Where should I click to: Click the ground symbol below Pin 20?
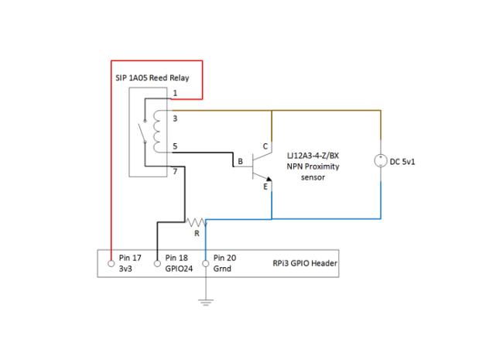pyautogui.click(x=206, y=302)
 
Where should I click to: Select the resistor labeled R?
pyautogui.click(x=196, y=222)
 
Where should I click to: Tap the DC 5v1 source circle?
pyautogui.click(x=381, y=161)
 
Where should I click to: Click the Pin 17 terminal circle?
pyautogui.click(x=111, y=264)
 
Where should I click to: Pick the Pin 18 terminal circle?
pyautogui.click(x=157, y=264)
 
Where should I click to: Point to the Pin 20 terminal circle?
pyautogui.click(x=206, y=264)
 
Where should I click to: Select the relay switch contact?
pyautogui.click(x=142, y=132)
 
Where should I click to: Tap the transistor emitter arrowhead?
pyautogui.click(x=269, y=179)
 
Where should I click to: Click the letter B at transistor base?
pyautogui.click(x=240, y=161)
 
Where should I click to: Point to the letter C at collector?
pyautogui.click(x=265, y=146)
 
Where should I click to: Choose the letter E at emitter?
pyautogui.click(x=265, y=187)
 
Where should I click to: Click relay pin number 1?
pyautogui.click(x=175, y=93)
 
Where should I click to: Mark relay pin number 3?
pyautogui.click(x=175, y=118)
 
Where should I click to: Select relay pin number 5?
pyautogui.click(x=175, y=146)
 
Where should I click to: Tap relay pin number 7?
pyautogui.click(x=175, y=171)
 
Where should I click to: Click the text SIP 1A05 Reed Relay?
pyautogui.click(x=152, y=77)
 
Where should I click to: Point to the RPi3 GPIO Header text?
pyautogui.click(x=305, y=263)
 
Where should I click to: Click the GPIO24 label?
pyautogui.click(x=179, y=269)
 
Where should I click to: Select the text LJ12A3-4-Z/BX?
pyautogui.click(x=313, y=156)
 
